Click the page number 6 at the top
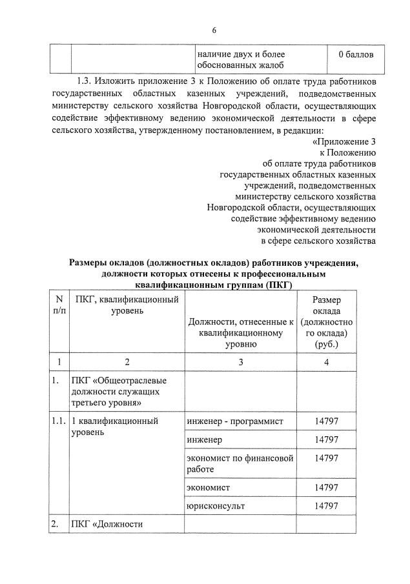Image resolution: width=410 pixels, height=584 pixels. (214, 30)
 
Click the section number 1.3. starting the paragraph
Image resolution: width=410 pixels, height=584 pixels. (85, 81)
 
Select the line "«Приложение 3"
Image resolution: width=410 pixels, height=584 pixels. (343, 141)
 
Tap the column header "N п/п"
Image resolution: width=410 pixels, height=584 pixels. (59, 305)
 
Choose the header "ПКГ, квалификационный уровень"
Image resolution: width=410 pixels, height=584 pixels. (127, 305)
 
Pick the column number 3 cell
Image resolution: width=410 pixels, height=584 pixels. (240, 363)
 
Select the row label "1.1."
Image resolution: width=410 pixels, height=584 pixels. (59, 421)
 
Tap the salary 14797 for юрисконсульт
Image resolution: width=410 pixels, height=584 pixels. (326, 506)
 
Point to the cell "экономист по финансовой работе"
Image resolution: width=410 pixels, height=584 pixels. (240, 463)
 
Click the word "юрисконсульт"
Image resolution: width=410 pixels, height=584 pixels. (216, 506)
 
